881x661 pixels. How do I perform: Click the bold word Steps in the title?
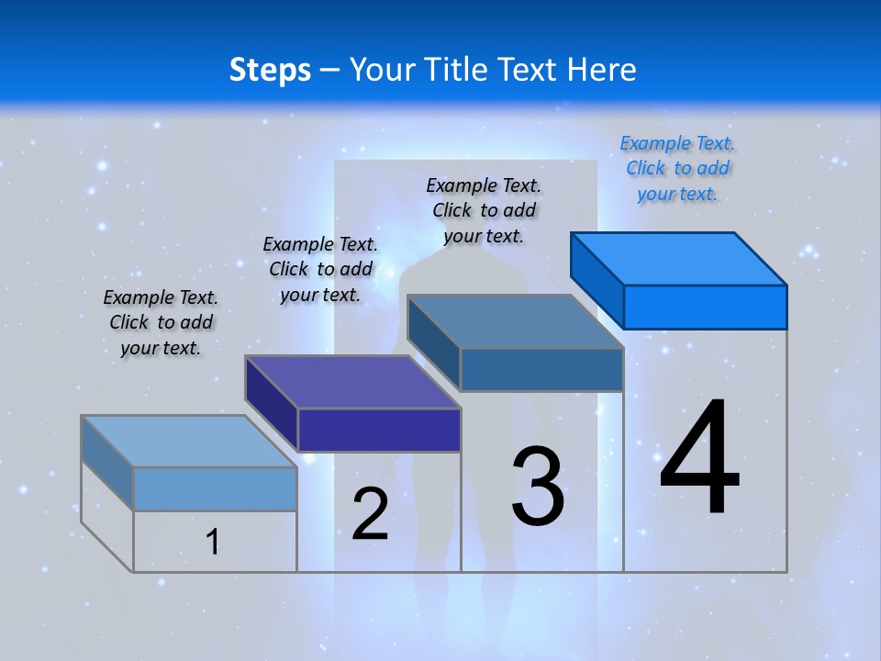270,70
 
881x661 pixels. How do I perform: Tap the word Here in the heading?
602,70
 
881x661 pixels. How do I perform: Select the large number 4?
700,458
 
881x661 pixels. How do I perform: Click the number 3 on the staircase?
538,487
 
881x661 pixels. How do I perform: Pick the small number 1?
212,542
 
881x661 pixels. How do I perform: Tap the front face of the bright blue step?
705,307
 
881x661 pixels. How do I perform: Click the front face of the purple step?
379,430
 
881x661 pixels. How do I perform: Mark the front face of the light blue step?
215,488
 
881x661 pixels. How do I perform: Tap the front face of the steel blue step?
541,369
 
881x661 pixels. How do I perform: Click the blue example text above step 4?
677,168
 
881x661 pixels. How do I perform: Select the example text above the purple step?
320,269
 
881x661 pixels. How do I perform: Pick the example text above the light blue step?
161,322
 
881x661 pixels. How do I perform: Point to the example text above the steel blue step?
484,210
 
